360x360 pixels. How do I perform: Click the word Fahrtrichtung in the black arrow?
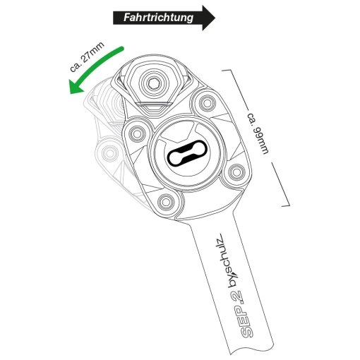tap(158, 18)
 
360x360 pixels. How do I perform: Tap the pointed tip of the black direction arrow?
tap(215, 18)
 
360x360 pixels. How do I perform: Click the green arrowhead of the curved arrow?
tap(76, 87)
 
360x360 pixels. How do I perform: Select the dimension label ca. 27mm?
tap(87, 56)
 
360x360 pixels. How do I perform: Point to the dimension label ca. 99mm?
tap(258, 133)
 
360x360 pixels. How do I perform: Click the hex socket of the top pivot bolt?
tap(154, 83)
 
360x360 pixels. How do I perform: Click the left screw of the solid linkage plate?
tap(137, 134)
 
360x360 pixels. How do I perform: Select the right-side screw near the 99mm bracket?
tap(236, 172)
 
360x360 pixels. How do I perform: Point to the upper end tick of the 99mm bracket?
tap(227, 70)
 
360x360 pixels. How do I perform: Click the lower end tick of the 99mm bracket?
tap(286, 206)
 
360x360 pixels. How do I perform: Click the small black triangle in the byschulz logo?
tap(236, 273)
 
